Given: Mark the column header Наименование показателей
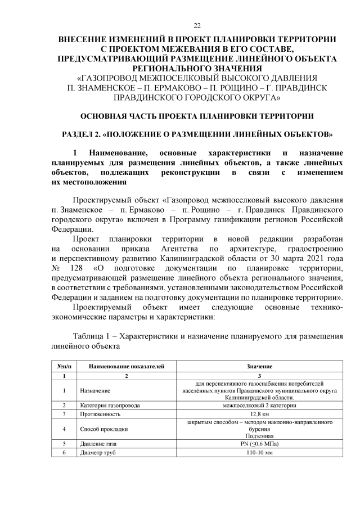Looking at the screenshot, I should pos(127,366).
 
